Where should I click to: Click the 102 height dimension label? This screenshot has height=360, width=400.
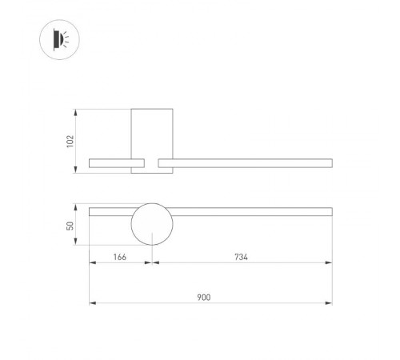coord(70,140)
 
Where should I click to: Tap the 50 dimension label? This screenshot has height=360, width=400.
coord(70,226)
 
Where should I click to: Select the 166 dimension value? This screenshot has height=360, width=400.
coord(120,257)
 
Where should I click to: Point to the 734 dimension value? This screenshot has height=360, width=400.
coord(241,257)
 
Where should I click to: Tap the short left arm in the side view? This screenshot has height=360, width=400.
coord(113,163)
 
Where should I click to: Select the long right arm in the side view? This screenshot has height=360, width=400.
coord(245,163)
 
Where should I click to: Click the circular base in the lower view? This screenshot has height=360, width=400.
coord(151,226)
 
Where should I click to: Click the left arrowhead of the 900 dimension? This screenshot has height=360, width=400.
coord(91,303)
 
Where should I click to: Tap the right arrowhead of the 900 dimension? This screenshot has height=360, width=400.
coord(330,303)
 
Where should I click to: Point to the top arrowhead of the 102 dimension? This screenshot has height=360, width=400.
coord(77,111)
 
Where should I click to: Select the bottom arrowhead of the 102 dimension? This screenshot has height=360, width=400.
coord(77,168)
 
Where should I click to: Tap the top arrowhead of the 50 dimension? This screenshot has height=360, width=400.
coord(77,208)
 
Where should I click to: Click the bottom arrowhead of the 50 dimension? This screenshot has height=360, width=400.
coord(77,243)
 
